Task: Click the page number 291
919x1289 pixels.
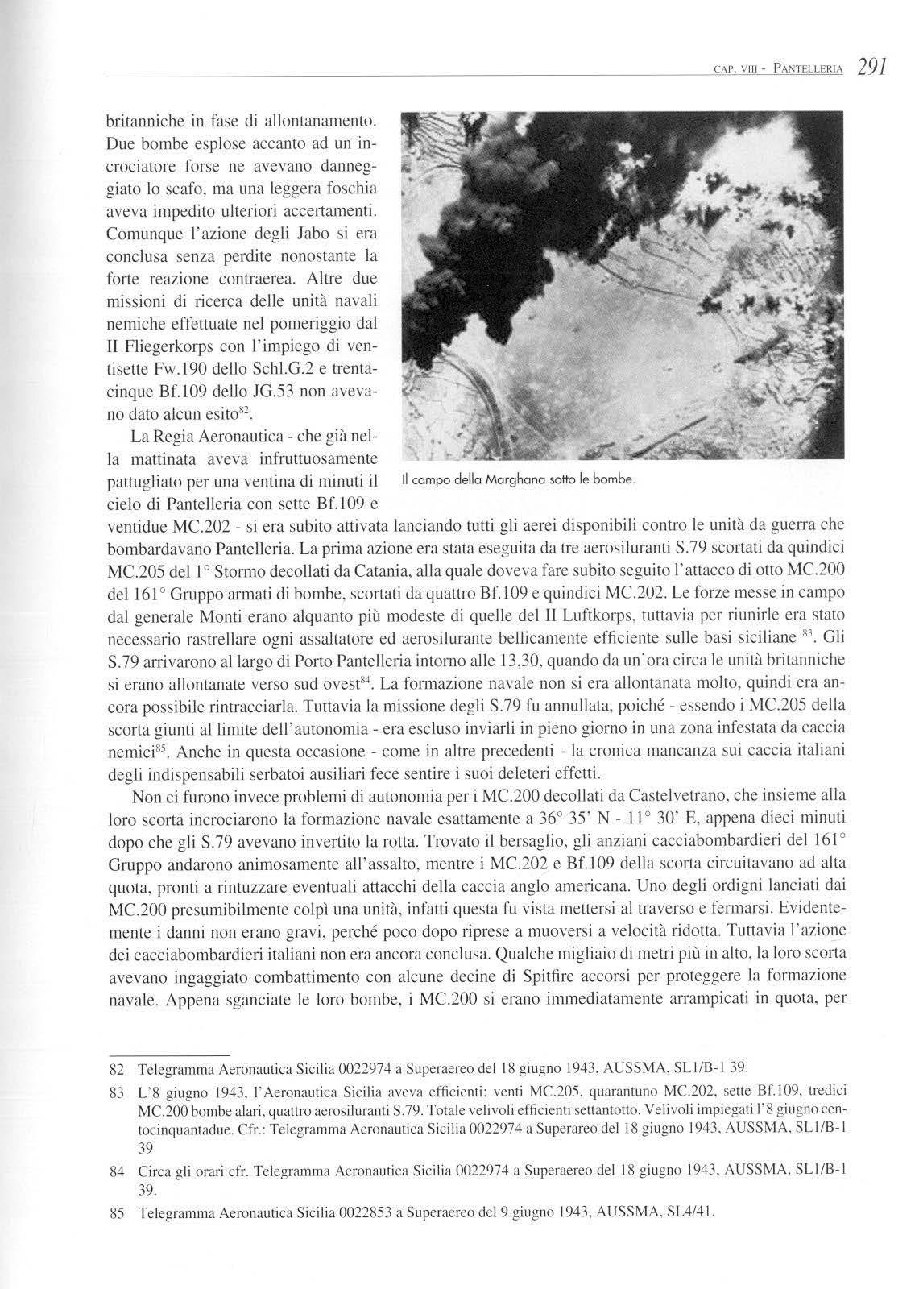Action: [872, 66]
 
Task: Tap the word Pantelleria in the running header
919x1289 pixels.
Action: [809, 68]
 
